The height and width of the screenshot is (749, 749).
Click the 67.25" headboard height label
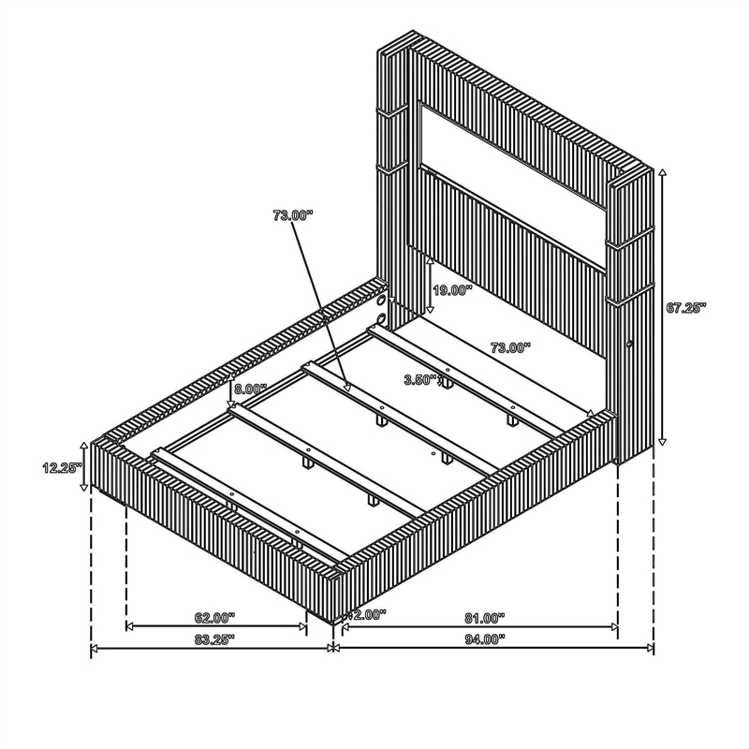point(686,308)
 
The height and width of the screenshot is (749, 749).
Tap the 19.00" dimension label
point(452,290)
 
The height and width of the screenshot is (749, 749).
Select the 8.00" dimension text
point(250,389)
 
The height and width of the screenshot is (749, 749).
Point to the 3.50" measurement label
point(420,380)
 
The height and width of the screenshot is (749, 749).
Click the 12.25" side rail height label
point(62,467)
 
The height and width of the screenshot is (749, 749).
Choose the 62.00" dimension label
point(215,618)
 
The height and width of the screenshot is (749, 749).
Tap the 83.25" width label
point(214,639)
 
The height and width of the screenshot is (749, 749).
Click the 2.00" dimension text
point(370,614)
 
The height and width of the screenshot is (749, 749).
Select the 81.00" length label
point(485,618)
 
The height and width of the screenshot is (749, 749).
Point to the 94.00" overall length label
point(485,639)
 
